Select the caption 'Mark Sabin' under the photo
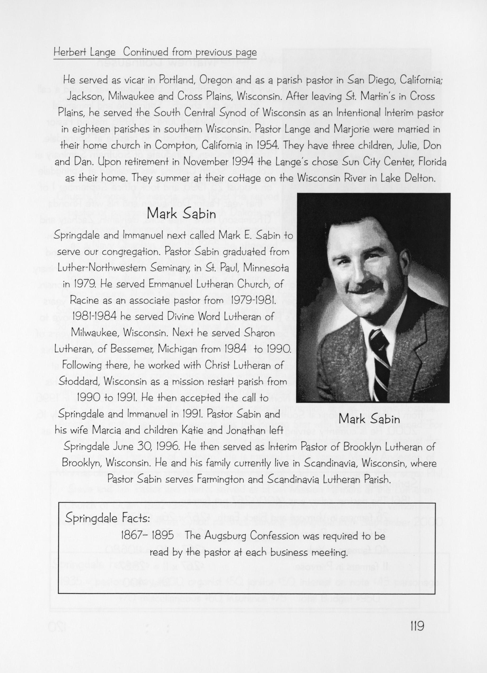coord(369,419)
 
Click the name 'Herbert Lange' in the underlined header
coord(84,52)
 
